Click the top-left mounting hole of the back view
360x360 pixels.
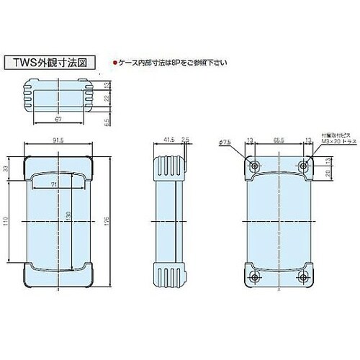(x=254, y=166)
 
